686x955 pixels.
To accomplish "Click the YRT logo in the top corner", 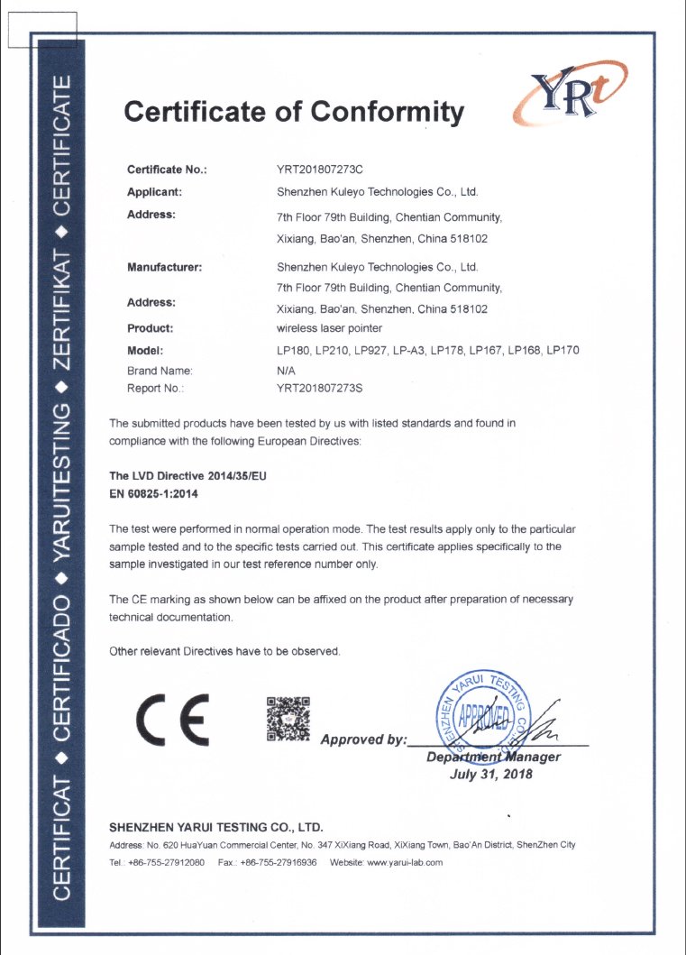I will [570, 98].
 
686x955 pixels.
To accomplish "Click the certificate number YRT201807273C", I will [319, 170].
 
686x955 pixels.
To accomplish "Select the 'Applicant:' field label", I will [155, 191].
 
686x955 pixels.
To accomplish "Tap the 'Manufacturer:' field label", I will [164, 267].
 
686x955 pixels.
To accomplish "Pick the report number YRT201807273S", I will [319, 389].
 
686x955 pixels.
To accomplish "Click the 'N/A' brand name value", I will [287, 370].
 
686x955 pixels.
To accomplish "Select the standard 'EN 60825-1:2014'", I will [153, 494].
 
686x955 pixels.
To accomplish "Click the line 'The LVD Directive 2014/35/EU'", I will [188, 475].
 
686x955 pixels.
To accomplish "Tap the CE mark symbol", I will [171, 719].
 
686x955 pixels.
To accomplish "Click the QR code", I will [288, 719].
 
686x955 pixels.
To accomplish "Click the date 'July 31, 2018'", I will [491, 774].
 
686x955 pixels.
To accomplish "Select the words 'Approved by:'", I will [363, 739].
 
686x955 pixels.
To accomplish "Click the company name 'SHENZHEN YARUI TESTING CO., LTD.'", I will [215, 827].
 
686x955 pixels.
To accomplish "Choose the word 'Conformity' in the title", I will [388, 112].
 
